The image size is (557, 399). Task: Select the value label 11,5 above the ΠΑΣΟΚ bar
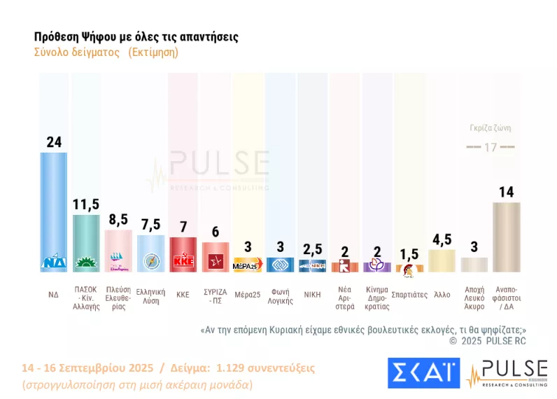pyautogui.click(x=86, y=204)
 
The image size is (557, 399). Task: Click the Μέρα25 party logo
pyautogui.click(x=247, y=266)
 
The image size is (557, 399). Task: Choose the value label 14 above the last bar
pyautogui.click(x=506, y=191)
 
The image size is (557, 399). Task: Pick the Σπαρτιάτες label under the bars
pyautogui.click(x=409, y=295)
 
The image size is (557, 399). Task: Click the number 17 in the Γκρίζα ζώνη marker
pyautogui.click(x=490, y=148)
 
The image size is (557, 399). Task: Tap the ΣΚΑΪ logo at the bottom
pyautogui.click(x=423, y=373)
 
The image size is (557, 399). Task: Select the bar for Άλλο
pyautogui.click(x=442, y=260)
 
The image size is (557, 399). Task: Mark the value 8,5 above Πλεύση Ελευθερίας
pyautogui.click(x=118, y=219)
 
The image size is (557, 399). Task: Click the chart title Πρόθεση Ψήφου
pyautogui.click(x=136, y=37)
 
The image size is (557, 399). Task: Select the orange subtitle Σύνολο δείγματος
pyautogui.click(x=77, y=53)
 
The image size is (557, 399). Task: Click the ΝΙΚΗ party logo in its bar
pyautogui.click(x=312, y=265)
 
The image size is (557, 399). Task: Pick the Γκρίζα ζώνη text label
pyautogui.click(x=490, y=128)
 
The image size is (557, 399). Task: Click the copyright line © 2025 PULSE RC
pyautogui.click(x=487, y=341)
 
